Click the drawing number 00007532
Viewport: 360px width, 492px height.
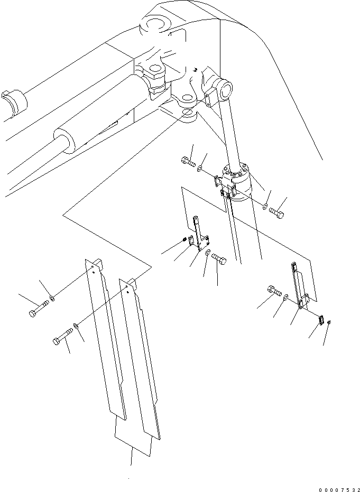(339, 489)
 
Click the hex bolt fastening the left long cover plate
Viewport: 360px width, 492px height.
(39, 309)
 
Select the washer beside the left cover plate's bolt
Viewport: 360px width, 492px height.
(52, 298)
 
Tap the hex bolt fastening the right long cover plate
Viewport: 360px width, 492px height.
(62, 336)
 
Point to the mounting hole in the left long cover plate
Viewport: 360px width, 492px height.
(93, 267)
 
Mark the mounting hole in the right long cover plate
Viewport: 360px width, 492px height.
(126, 286)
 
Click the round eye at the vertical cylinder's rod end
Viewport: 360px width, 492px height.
(225, 90)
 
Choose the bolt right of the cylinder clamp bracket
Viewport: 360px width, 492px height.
(276, 213)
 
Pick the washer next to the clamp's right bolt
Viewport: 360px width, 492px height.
(265, 207)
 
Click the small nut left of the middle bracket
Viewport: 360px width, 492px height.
(185, 240)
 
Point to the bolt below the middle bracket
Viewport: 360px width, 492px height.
(219, 258)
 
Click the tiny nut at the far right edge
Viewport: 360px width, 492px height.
(329, 322)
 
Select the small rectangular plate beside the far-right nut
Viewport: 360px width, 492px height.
(321, 320)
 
